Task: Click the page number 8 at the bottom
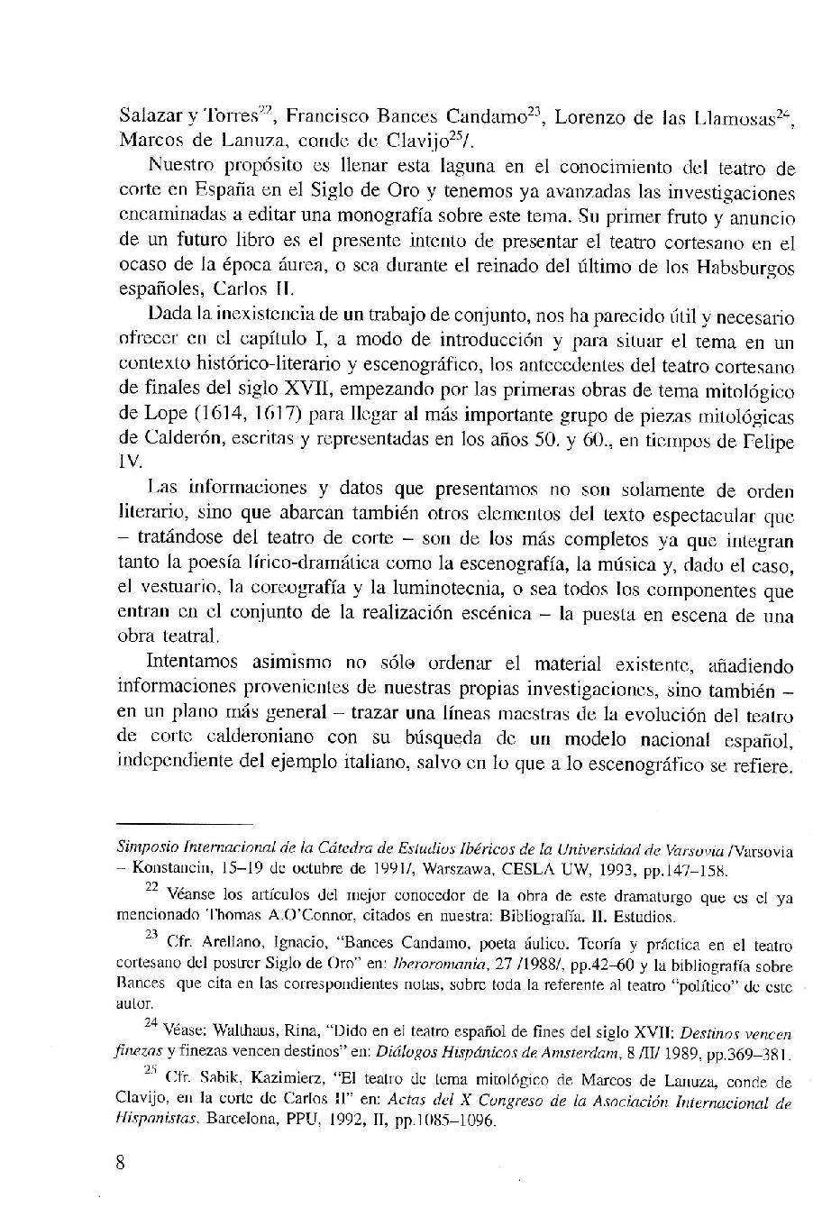121,1161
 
